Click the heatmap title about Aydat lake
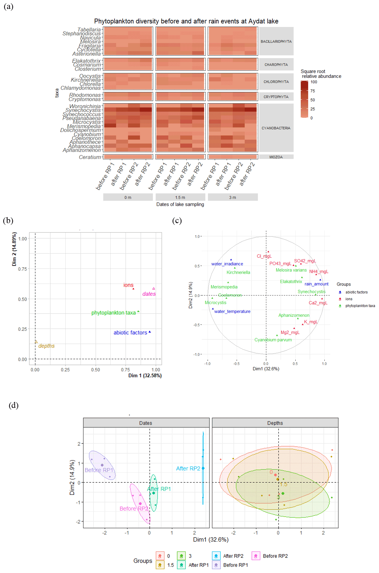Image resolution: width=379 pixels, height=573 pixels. tap(186, 21)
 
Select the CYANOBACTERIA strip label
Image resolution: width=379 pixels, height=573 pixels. tap(276, 128)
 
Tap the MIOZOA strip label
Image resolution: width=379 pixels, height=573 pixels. tap(276, 157)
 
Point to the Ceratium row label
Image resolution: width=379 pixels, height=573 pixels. tap(90, 157)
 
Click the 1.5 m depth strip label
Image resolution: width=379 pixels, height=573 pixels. tap(180, 198)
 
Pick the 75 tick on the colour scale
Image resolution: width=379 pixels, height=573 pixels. tap(313, 91)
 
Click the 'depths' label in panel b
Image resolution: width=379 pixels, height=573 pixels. tap(46, 346)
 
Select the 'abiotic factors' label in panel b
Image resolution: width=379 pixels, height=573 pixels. tap(130, 333)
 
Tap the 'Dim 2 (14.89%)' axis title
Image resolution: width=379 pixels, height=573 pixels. tap(14, 249)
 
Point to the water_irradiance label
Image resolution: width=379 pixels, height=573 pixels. tap(227, 264)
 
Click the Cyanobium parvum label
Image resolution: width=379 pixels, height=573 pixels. tap(273, 340)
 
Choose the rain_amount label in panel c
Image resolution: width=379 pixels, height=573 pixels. tap(317, 284)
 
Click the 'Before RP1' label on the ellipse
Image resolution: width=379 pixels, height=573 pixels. tap(99, 470)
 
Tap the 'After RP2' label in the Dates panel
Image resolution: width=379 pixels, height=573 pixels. tap(188, 468)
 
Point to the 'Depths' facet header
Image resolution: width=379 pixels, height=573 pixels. tap(275, 423)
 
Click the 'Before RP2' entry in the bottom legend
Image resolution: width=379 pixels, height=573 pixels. tap(275, 556)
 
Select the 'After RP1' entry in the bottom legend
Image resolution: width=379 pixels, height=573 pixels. tap(199, 565)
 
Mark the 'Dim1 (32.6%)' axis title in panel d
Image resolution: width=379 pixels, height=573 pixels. tap(211, 540)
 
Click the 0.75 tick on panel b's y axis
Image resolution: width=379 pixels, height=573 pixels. tap(22, 269)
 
